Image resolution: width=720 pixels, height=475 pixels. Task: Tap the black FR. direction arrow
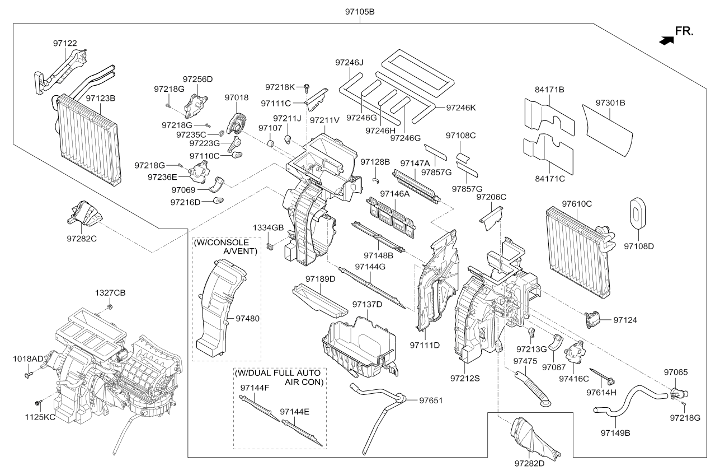click(x=666, y=40)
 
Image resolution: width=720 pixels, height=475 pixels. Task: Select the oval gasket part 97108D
click(x=637, y=213)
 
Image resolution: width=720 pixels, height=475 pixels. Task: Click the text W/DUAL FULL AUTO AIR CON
click(x=277, y=377)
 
